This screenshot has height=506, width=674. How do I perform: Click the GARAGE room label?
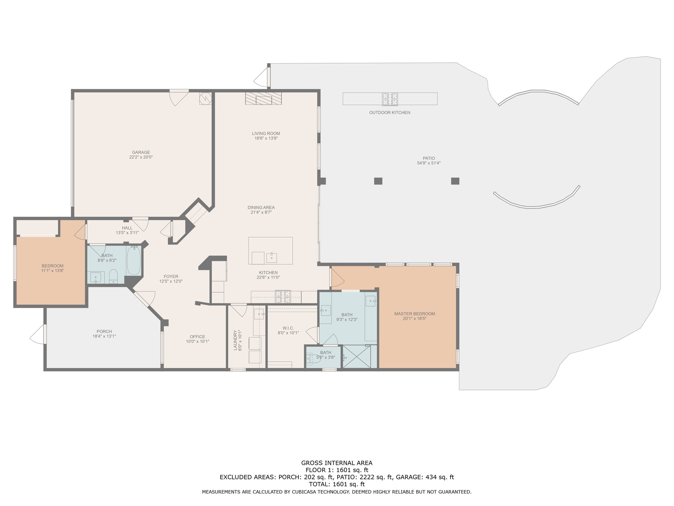point(141,153)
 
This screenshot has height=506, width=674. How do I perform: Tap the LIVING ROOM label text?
point(266,133)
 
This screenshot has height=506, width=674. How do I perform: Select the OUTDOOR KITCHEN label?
point(390,113)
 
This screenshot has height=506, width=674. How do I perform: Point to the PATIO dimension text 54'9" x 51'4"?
point(429,163)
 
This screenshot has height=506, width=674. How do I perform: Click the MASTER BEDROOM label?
point(415,314)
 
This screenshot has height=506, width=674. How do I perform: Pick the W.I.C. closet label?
point(288,328)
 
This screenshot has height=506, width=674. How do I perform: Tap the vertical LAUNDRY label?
point(235,340)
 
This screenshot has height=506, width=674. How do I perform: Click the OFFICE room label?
point(197,337)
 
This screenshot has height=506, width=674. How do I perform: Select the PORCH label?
point(104,332)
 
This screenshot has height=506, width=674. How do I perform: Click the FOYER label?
point(171,277)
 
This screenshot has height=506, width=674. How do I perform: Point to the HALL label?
point(127,228)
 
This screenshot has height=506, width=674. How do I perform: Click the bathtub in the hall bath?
point(134,261)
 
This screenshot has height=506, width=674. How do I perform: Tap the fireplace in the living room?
point(264,98)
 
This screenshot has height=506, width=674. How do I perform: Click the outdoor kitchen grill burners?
point(390,99)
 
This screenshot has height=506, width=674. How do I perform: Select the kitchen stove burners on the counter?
point(283,296)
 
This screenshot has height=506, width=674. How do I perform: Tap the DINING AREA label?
point(261,208)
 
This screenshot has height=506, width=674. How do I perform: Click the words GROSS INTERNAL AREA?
point(337,463)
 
